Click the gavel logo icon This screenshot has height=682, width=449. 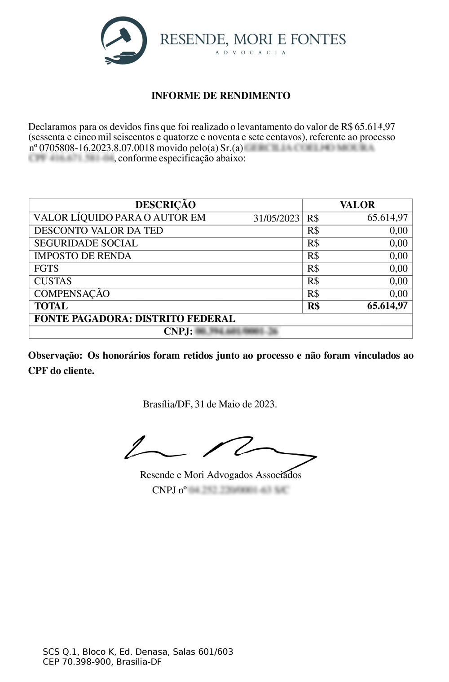124,40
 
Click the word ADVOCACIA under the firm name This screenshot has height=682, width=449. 251,52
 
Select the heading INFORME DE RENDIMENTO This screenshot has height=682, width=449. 220,96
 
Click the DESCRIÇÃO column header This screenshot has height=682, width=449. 165,205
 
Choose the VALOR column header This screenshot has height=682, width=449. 357,205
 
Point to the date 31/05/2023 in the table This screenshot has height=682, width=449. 276,218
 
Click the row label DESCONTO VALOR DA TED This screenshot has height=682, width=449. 98,230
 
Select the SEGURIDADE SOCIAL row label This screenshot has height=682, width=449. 86,243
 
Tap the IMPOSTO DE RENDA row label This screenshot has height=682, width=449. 83,256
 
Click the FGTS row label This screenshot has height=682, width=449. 46,268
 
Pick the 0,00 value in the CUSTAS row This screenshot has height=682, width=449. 398,281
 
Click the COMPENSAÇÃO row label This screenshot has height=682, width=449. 72,294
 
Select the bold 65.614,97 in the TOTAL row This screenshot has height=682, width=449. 387,306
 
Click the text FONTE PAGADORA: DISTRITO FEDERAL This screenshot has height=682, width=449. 134,319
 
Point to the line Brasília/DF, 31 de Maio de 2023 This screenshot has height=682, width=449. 210,404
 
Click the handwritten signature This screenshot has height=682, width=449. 220,448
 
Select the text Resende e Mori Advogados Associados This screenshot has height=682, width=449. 220,475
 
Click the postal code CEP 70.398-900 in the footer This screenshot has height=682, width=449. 77,662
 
